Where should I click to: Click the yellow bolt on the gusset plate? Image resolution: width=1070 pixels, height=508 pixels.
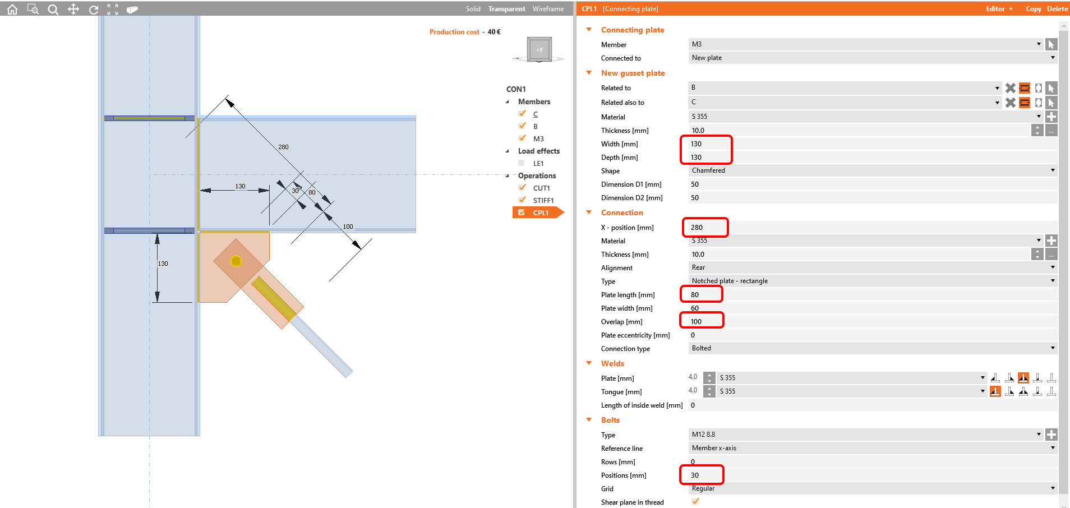pyautogui.click(x=236, y=261)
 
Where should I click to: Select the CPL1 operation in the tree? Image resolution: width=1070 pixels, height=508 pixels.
pyautogui.click(x=541, y=213)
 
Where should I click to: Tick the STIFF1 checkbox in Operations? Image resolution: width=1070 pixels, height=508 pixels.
pyautogui.click(x=522, y=200)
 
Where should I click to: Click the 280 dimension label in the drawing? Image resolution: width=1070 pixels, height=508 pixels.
pyautogui.click(x=283, y=147)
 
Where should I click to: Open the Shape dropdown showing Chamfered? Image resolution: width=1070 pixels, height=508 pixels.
pyautogui.click(x=871, y=170)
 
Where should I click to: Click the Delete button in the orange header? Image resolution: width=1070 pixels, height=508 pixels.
pyautogui.click(x=1057, y=9)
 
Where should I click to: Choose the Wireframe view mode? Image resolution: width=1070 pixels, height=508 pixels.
pyautogui.click(x=548, y=9)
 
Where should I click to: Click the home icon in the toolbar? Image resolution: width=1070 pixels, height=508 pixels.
pyautogui.click(x=12, y=10)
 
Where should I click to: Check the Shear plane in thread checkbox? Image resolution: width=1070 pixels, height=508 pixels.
pyautogui.click(x=695, y=502)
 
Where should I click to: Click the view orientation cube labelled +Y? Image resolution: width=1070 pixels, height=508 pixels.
pyautogui.click(x=539, y=49)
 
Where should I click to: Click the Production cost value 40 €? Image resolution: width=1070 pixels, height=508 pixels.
pyautogui.click(x=494, y=32)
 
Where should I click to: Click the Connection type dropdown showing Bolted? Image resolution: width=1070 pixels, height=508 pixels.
pyautogui.click(x=871, y=348)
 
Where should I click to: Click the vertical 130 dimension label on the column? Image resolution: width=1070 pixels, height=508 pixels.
pyautogui.click(x=163, y=264)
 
